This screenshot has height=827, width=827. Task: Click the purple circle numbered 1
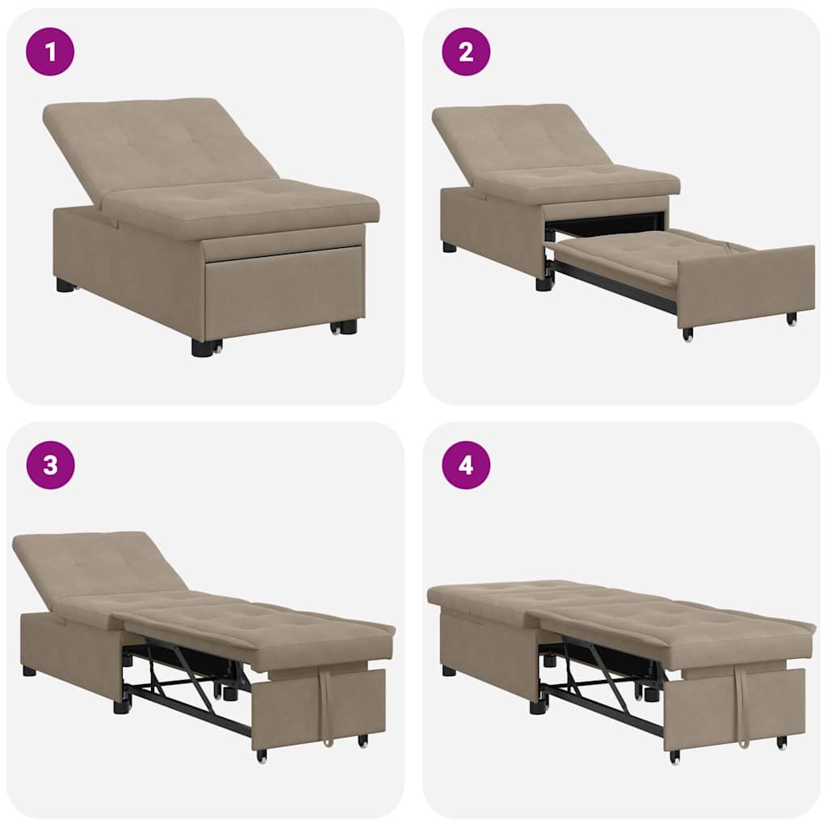(50, 52)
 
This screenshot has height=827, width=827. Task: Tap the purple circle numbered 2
(465, 52)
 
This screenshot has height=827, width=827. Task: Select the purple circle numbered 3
(50, 464)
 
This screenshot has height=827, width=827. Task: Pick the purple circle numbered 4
(465, 464)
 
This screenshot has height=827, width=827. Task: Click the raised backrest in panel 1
(153, 145)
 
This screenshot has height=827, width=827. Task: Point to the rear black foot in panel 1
(65, 285)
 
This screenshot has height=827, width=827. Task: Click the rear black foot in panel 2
(449, 247)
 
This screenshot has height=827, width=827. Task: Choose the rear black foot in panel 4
(449, 670)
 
